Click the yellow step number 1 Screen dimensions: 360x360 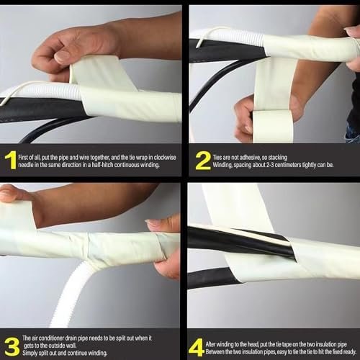[x=11, y=160]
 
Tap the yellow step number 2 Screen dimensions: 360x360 [x=203, y=161]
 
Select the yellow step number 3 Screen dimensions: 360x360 [x=12, y=346]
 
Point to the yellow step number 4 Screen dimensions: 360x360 [x=196, y=348]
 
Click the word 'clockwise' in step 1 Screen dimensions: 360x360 [x=165, y=158]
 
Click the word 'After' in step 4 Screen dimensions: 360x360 [x=211, y=344]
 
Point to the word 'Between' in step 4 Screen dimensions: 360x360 [x=215, y=352]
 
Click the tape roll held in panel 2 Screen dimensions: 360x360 [x=273, y=127]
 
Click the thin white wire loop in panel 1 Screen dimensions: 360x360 [x=19, y=89]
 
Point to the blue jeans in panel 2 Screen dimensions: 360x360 [x=353, y=133]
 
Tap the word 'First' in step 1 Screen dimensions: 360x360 [x=23, y=158]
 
